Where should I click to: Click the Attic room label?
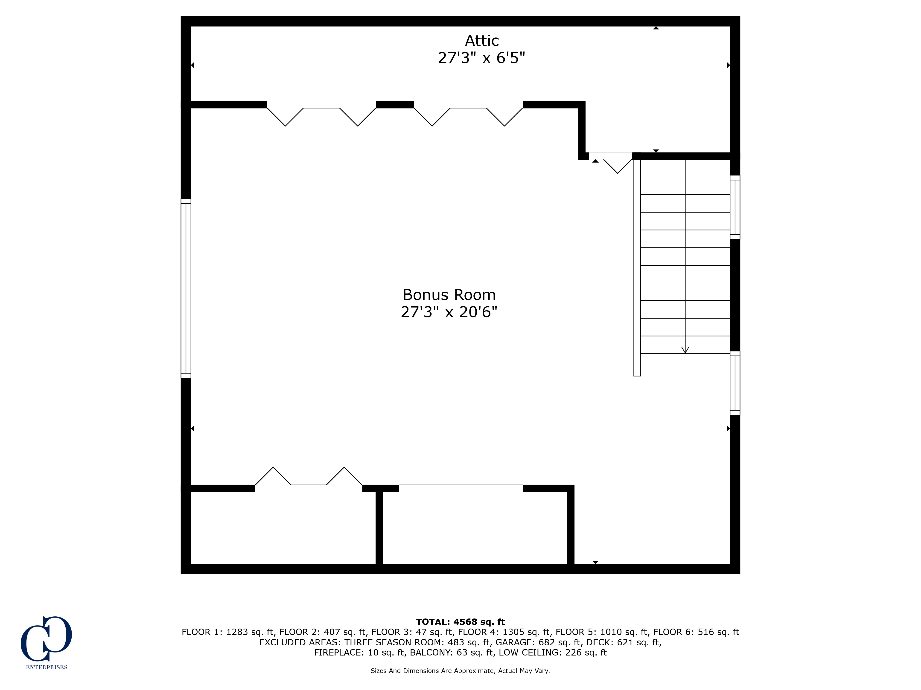tap(482, 41)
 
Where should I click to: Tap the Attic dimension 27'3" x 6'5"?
tap(482, 58)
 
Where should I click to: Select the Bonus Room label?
tap(449, 295)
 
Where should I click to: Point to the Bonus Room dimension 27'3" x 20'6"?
tap(449, 312)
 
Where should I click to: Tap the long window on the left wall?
tap(186, 288)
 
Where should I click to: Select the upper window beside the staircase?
tap(735, 207)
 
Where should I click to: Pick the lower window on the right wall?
tap(735, 383)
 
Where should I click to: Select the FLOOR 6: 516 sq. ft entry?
tap(696, 632)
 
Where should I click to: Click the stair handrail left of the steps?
tap(637, 267)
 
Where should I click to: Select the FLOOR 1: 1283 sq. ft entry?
tap(229, 632)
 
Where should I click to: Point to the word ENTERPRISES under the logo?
tap(47, 667)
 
